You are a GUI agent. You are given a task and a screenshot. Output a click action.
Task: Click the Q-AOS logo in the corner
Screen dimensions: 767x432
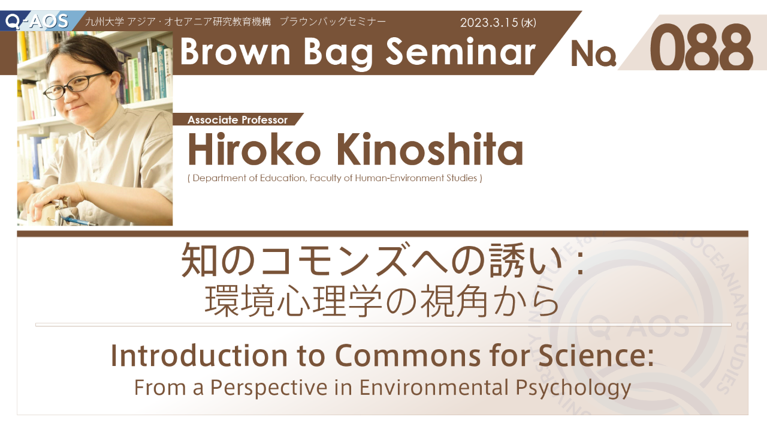tap(37, 21)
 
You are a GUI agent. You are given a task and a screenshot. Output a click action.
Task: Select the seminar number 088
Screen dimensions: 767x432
tap(701, 47)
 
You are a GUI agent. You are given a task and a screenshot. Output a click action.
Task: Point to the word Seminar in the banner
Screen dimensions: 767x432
tap(461, 51)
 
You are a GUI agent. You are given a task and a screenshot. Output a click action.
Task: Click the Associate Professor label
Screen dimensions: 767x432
tap(237, 120)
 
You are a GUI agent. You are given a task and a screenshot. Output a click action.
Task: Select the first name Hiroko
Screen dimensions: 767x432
tap(254, 150)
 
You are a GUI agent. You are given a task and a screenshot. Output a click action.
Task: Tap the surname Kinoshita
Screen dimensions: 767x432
tap(430, 150)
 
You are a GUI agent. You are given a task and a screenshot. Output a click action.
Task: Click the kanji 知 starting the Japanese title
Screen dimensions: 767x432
tap(198, 260)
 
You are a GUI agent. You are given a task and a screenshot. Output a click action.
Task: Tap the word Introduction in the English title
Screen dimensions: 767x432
tap(199, 356)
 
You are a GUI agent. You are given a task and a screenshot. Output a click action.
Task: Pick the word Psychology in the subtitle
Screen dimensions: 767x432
tap(573, 388)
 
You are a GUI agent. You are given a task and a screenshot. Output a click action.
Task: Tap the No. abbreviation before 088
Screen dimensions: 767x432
tap(593, 53)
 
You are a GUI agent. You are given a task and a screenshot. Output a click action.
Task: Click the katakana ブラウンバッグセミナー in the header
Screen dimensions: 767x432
tap(333, 22)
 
